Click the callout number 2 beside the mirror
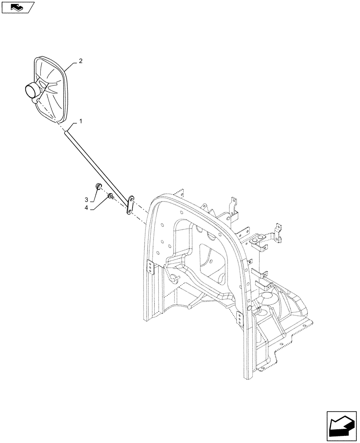[x=80, y=62]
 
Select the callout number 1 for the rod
[x=80, y=121]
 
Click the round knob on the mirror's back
[x=32, y=91]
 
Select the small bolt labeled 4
[x=110, y=196]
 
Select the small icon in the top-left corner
[x=17, y=7]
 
